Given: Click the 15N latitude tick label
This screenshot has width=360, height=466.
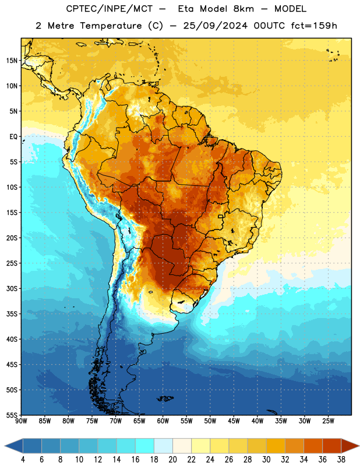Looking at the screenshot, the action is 12,61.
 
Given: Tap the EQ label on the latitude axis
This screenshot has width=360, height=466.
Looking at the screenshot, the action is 13,137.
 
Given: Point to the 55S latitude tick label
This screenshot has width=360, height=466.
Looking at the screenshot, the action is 12,415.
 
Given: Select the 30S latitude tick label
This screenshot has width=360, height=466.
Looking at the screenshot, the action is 12,288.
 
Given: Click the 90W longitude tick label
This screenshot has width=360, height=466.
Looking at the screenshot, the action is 21,421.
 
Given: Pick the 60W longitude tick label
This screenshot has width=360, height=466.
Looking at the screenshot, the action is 163,421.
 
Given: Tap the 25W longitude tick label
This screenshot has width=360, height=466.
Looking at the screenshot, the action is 328,421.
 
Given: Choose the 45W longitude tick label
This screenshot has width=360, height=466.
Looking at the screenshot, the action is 234,421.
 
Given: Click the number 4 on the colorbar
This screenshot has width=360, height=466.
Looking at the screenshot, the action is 23,460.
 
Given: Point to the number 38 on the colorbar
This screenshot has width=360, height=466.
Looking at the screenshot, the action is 341,460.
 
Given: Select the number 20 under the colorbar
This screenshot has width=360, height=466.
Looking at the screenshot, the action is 172,460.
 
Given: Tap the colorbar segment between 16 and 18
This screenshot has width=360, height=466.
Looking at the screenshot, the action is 144,446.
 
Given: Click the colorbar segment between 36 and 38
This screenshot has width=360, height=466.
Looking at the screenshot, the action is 332,446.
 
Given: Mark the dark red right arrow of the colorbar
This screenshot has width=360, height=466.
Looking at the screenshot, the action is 350,446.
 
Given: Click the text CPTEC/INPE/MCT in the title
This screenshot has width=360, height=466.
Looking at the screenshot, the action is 109,9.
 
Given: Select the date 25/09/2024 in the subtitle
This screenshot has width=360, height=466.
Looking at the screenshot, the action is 215,26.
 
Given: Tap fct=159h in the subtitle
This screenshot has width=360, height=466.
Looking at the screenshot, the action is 314,26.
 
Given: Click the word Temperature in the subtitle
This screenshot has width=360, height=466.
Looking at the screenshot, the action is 111,26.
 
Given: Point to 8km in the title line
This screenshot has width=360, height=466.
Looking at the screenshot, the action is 243,9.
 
